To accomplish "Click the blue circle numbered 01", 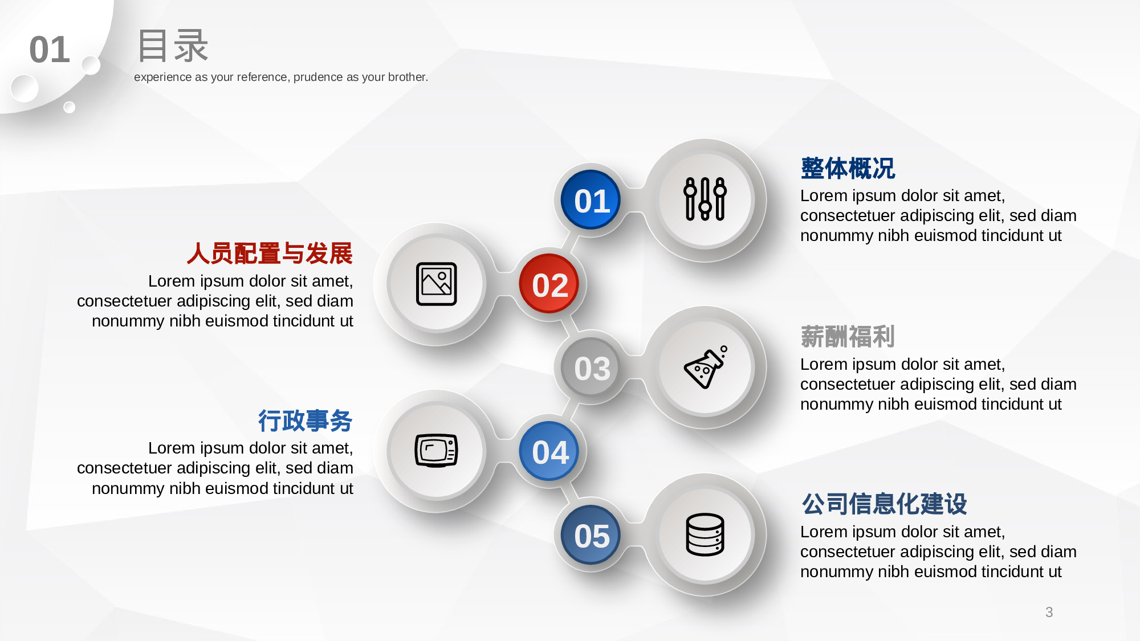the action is pyautogui.click(x=591, y=200).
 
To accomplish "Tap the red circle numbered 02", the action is pyautogui.click(x=549, y=284).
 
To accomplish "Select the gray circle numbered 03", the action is pyautogui.click(x=591, y=368).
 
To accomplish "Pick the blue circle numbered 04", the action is pyautogui.click(x=549, y=451).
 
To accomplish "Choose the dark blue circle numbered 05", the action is pyautogui.click(x=591, y=535).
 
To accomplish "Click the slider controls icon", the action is pyautogui.click(x=705, y=199).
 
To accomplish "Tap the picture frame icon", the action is pyautogui.click(x=437, y=284).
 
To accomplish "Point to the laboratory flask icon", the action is pyautogui.click(x=706, y=368).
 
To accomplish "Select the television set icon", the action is pyautogui.click(x=437, y=451).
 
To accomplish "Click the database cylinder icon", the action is pyautogui.click(x=705, y=534).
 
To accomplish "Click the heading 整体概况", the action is pyautogui.click(x=848, y=169).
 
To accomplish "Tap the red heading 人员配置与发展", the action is pyautogui.click(x=270, y=254).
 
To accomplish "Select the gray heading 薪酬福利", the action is pyautogui.click(x=848, y=337).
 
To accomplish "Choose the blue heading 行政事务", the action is pyautogui.click(x=306, y=421).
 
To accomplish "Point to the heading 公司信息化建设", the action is pyautogui.click(x=884, y=504).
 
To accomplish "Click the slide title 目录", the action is pyautogui.click(x=173, y=46).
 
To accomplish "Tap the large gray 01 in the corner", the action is pyautogui.click(x=50, y=50).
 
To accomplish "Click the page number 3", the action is pyautogui.click(x=1049, y=612).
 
